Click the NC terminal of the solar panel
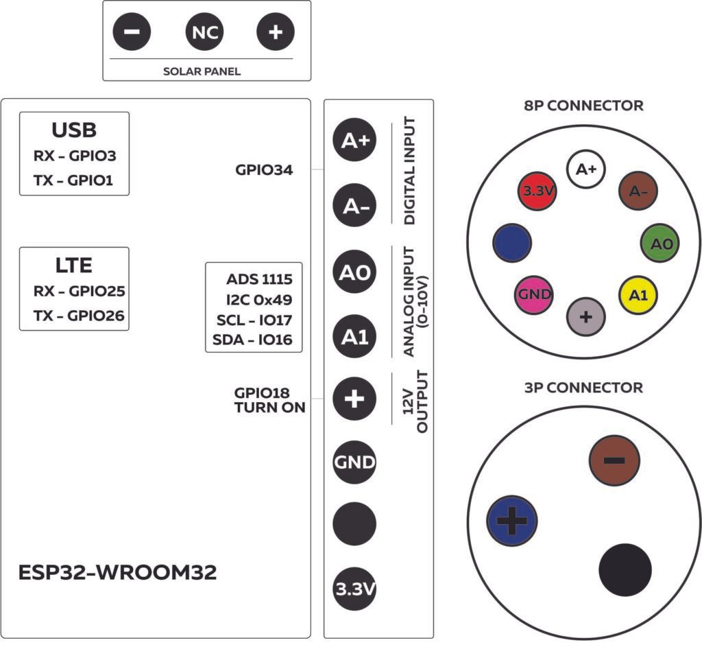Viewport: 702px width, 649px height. (204, 33)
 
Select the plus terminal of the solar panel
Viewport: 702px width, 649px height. (276, 33)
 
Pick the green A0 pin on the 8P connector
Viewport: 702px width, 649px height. (660, 244)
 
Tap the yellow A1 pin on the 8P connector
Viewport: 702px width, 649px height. (638, 295)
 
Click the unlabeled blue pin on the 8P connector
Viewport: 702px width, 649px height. (512, 244)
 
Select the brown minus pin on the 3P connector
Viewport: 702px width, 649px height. (614, 460)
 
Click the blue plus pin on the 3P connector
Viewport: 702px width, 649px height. (511, 519)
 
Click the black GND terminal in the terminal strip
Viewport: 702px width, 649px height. (354, 462)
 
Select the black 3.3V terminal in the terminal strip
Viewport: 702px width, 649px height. (354, 589)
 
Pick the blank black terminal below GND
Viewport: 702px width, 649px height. (354, 525)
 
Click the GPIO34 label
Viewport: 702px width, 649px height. (264, 170)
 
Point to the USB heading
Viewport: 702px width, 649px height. (74, 130)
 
